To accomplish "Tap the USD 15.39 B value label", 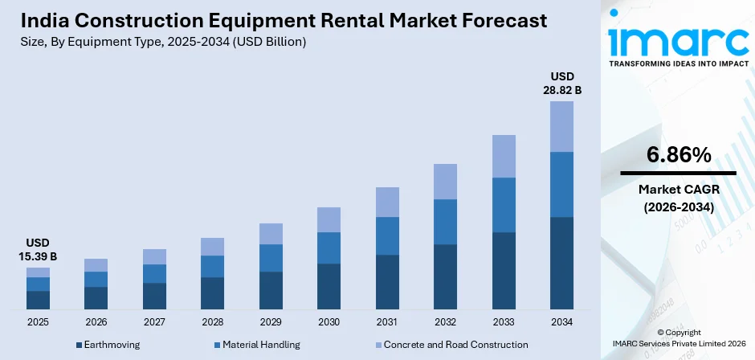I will click(x=38, y=249).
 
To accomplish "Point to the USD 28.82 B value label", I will click(x=561, y=83).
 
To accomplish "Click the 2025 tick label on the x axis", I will click(x=38, y=322).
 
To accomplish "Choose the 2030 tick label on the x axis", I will click(x=329, y=322).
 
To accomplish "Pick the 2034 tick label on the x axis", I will click(x=561, y=322).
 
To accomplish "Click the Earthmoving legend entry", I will click(x=108, y=345).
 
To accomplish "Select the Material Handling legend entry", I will click(x=258, y=345).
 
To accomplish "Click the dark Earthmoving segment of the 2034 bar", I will click(x=561, y=263).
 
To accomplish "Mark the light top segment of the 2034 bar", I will click(x=561, y=126).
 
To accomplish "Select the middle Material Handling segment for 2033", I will click(x=504, y=204).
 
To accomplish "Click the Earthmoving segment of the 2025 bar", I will click(x=38, y=300).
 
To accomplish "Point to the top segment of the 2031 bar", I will click(x=387, y=202).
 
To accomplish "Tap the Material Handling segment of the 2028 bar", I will click(x=212, y=266).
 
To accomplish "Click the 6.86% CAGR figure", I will click(x=678, y=155).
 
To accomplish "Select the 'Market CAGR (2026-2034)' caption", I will click(x=678, y=198).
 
